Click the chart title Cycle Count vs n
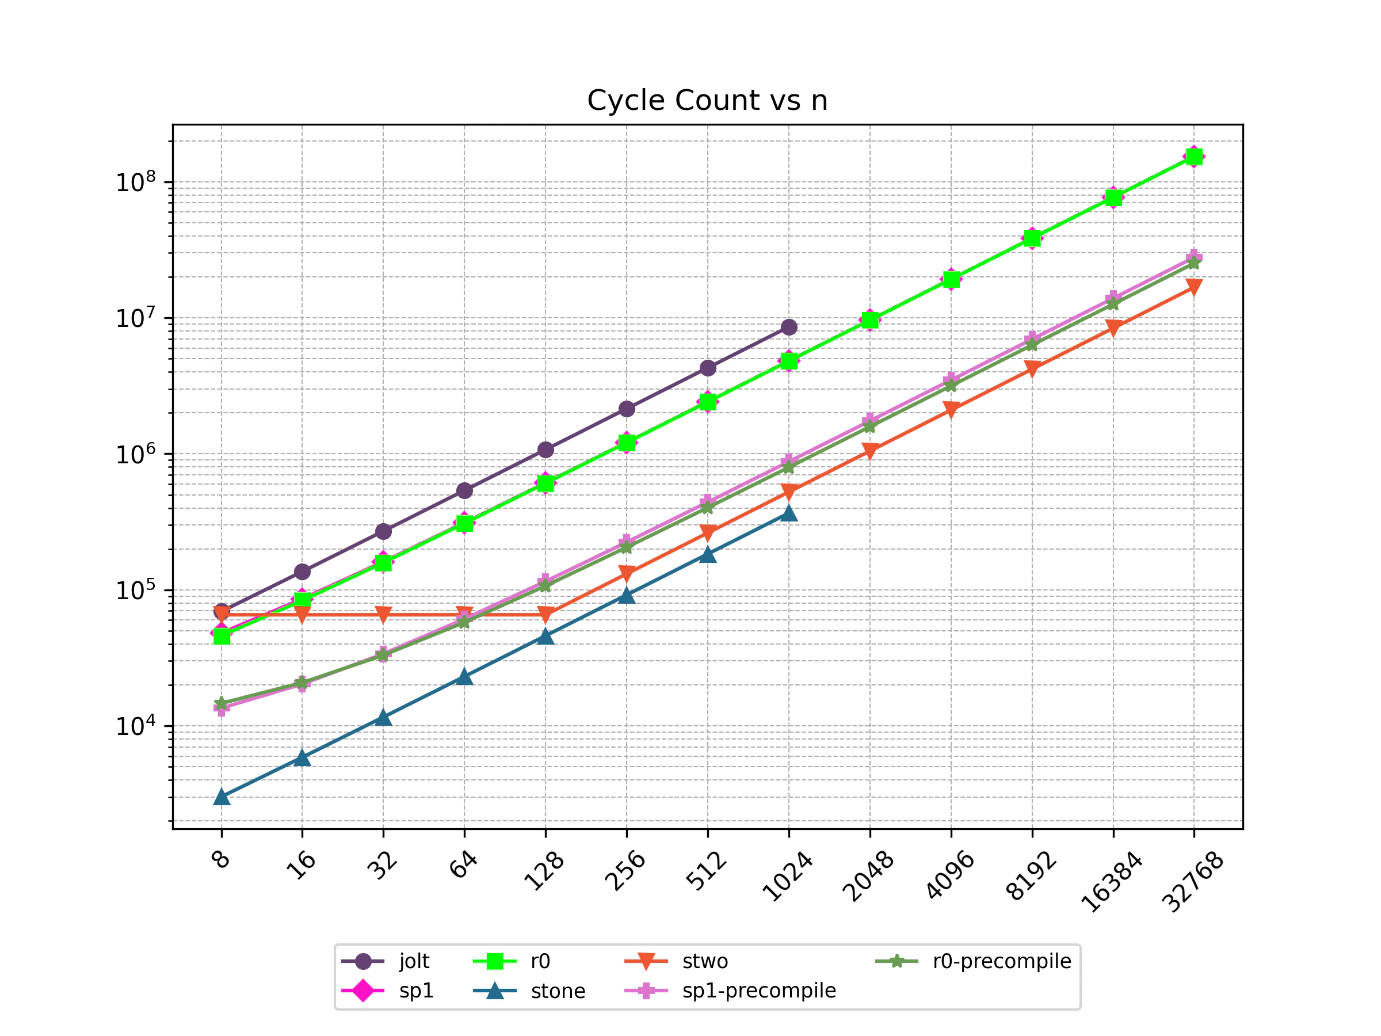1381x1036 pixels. (x=707, y=101)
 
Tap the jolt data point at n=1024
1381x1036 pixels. (x=788, y=326)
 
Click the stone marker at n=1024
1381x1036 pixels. (x=788, y=513)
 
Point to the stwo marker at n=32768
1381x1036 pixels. (x=1194, y=287)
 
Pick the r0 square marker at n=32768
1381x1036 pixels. (x=1194, y=156)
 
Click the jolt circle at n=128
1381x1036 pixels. (x=545, y=450)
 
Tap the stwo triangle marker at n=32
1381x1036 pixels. (x=383, y=615)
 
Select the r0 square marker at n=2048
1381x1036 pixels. (x=869, y=320)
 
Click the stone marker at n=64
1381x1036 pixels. (x=464, y=677)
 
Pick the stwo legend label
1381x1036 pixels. (x=705, y=961)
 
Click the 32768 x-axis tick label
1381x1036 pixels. (x=1192, y=882)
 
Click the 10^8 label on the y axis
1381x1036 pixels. (x=135, y=182)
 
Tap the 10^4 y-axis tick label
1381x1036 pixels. (x=135, y=726)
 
